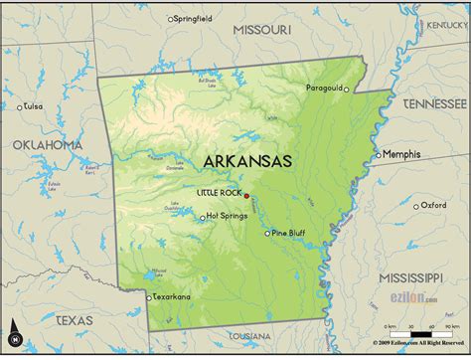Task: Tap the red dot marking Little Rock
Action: coord(245,195)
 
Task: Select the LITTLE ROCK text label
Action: coord(219,192)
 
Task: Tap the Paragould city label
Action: coord(324,88)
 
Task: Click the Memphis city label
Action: coord(401,154)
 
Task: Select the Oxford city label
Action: coord(433,205)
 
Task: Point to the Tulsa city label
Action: coord(35,106)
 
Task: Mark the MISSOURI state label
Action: coord(261,31)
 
